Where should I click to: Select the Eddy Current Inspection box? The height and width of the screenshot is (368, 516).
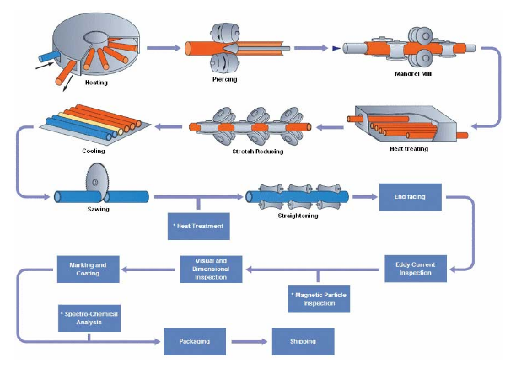416,268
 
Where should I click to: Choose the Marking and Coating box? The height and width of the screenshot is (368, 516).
88,268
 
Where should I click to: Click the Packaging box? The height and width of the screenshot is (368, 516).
194,341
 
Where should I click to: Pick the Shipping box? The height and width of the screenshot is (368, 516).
303,341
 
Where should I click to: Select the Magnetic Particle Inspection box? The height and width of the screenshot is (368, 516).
318,298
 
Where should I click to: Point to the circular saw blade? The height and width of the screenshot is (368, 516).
98,179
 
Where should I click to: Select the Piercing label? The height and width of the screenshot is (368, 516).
225,81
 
